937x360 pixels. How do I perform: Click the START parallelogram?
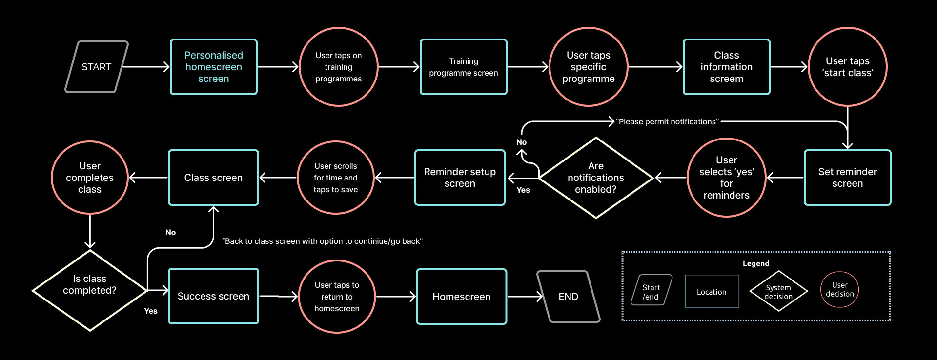click(x=96, y=67)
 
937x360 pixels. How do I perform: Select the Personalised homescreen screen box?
click(x=213, y=67)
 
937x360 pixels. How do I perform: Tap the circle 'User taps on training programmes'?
click(x=338, y=67)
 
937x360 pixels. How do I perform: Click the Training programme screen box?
click(x=463, y=67)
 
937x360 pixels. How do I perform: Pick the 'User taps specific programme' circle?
click(x=588, y=67)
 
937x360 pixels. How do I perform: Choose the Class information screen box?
click(x=726, y=67)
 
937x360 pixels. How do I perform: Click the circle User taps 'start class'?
click(x=847, y=67)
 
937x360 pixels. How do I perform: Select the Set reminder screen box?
click(x=847, y=178)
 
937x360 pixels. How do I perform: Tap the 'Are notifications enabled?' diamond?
click(x=595, y=178)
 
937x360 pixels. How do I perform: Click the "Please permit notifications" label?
click(x=667, y=122)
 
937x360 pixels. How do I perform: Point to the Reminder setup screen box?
click(x=459, y=178)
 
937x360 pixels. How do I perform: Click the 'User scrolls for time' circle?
click(x=335, y=178)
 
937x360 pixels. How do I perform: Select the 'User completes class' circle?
click(x=90, y=178)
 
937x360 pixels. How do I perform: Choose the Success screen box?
click(x=213, y=296)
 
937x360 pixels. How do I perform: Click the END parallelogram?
click(x=568, y=297)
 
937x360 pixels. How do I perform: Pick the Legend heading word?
click(x=755, y=263)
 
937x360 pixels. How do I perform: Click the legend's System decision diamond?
click(x=778, y=291)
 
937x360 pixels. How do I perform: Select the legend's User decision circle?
click(x=839, y=290)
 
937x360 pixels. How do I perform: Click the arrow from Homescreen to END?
click(x=525, y=297)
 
